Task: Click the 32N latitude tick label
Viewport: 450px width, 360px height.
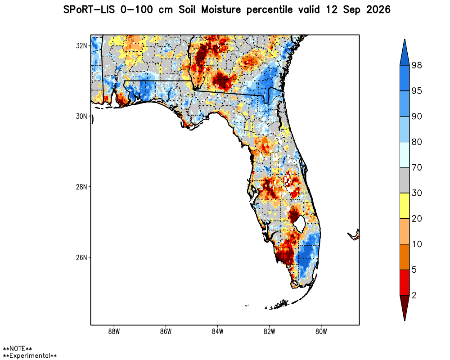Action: click(x=81, y=45)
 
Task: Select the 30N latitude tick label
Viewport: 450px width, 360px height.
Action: click(x=81, y=116)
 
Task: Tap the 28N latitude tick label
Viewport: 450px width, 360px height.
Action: click(x=81, y=187)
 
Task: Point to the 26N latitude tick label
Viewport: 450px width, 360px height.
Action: click(x=81, y=257)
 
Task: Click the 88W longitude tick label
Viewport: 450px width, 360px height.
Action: click(x=114, y=332)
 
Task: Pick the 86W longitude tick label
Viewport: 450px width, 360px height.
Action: click(x=166, y=332)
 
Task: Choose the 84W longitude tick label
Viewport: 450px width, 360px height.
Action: click(x=217, y=332)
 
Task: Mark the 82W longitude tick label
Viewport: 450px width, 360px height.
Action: click(x=269, y=332)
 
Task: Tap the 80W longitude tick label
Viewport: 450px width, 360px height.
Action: click(x=321, y=332)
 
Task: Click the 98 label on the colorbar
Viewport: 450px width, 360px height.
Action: click(x=417, y=65)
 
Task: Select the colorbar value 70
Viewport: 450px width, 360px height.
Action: click(x=417, y=167)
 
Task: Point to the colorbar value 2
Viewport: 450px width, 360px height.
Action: click(x=414, y=295)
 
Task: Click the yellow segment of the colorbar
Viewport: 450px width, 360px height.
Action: click(x=405, y=206)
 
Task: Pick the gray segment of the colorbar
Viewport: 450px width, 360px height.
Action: click(x=405, y=180)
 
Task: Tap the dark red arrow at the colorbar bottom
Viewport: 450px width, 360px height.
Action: click(x=405, y=308)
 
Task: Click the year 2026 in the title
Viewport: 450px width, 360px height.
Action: click(x=378, y=10)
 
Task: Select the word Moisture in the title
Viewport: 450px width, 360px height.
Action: click(x=221, y=10)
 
